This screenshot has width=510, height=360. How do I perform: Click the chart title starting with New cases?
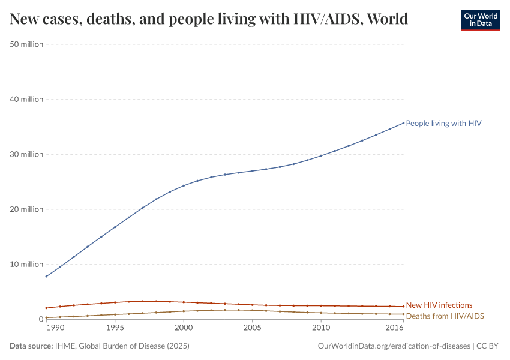click(209, 19)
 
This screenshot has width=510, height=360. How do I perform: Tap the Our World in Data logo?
click(480, 20)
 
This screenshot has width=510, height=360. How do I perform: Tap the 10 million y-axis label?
click(27, 264)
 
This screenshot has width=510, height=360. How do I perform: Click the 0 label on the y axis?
click(40, 319)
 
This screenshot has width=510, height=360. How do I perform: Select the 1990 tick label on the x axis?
click(55, 328)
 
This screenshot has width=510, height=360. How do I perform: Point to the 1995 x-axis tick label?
click(115, 328)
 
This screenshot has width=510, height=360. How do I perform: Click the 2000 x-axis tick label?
click(184, 328)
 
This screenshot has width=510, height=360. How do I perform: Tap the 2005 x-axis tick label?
click(253, 328)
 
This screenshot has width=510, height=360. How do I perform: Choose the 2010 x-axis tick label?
click(321, 328)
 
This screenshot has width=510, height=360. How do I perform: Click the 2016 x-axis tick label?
click(395, 328)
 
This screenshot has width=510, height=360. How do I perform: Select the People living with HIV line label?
click(443, 123)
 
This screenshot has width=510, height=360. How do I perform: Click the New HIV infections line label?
click(439, 305)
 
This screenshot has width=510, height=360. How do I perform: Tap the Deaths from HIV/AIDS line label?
click(445, 316)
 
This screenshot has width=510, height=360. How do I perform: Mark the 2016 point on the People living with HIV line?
click(403, 123)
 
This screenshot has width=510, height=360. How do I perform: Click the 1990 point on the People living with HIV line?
click(46, 277)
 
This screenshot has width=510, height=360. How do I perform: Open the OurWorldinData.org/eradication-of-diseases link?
click(393, 346)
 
